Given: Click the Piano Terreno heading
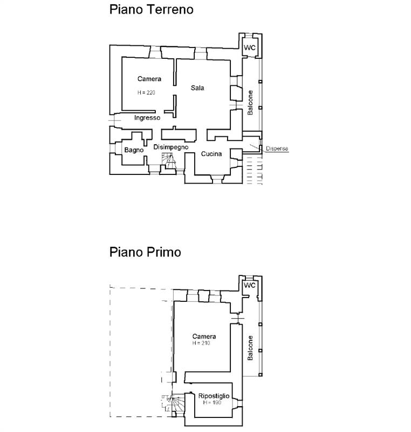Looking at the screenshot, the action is point(152,9).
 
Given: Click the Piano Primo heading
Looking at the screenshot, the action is point(145,252).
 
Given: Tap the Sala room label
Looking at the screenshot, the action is point(197,88).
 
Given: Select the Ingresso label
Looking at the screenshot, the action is point(147,118).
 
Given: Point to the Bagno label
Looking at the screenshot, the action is point(134,150).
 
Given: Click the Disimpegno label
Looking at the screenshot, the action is point(171,147).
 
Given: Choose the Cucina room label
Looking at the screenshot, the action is point(211,154).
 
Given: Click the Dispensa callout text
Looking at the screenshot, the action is point(277,148).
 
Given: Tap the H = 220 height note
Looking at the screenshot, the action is point(146,92).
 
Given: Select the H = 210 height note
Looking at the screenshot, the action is point(201,343).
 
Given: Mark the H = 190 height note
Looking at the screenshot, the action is point(212,402).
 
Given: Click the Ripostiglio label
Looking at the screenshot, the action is point(214,396).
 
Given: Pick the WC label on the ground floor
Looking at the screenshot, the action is point(250,48).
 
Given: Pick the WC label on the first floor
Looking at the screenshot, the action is point(250,285).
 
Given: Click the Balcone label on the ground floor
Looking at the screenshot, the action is point(250,103).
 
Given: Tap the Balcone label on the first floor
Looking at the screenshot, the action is point(250,348).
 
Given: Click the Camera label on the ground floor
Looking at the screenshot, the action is point(149,79).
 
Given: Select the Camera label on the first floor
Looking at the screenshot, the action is point(204,336).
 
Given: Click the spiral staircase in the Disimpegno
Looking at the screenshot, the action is point(168,161).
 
